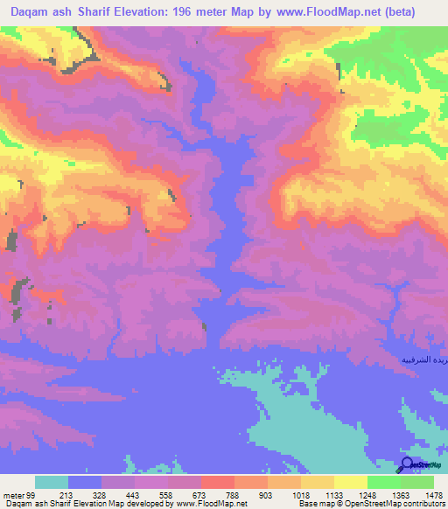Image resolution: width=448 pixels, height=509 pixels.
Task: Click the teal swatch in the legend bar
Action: pos(52,482)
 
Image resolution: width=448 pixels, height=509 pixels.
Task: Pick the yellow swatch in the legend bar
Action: pos(351,482)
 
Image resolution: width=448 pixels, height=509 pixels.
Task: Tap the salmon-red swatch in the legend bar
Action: pos(218,482)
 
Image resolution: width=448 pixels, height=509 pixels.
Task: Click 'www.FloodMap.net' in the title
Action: pos(336,12)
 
